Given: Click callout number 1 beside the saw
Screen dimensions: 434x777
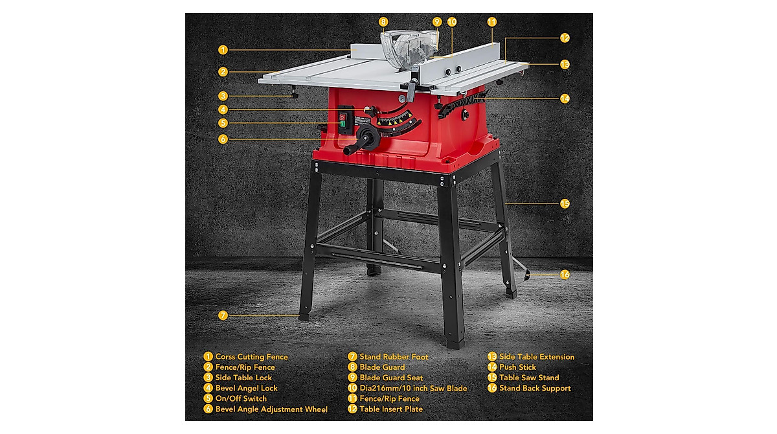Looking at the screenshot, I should point(223,49).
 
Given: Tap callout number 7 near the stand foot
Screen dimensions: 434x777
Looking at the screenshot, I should point(223,315).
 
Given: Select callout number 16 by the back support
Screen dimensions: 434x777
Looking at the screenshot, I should point(565,275).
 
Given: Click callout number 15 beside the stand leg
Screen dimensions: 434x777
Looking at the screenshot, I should point(565,203).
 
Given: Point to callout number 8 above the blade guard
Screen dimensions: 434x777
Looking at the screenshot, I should point(383,21).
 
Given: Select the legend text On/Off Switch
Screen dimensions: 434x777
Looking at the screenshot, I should point(241,398).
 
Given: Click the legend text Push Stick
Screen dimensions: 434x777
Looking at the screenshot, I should point(517,367).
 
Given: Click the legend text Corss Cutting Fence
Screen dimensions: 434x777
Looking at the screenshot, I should point(251,357).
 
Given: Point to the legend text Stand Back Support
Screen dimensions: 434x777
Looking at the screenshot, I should point(535,388).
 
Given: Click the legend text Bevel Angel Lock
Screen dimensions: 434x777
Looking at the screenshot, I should point(246,388).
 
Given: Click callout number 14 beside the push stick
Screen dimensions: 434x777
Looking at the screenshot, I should point(565,98).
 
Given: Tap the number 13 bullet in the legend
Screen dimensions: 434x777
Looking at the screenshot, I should point(492,357).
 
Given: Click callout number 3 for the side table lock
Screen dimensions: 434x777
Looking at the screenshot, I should point(223,95).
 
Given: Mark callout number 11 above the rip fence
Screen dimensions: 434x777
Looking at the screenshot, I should point(492,21).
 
